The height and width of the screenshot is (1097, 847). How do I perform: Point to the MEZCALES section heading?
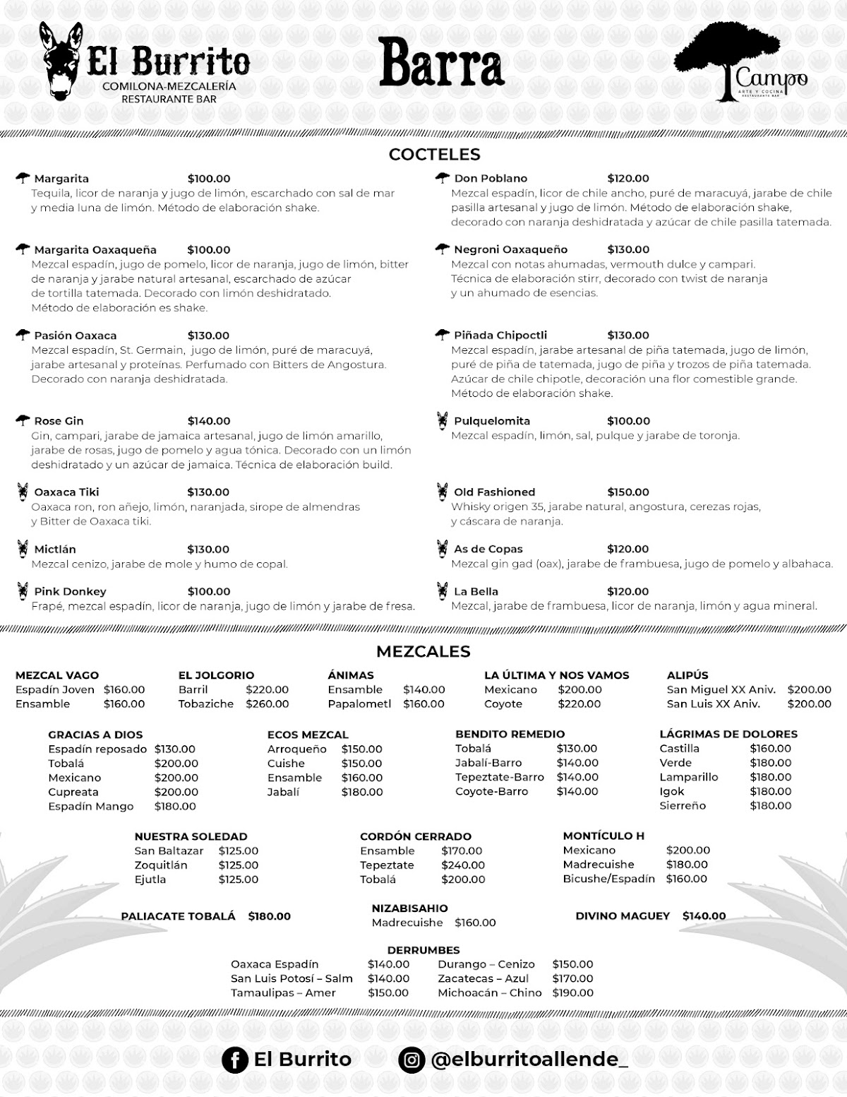423,651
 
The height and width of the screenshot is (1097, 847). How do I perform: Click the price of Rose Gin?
209,421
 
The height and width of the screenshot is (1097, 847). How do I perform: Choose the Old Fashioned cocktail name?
494,492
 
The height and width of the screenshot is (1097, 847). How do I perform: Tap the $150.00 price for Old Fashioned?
628,492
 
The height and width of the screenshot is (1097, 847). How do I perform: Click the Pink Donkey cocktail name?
70,592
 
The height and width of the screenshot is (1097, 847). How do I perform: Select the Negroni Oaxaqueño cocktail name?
510,249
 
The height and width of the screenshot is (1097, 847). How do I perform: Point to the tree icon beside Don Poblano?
443,178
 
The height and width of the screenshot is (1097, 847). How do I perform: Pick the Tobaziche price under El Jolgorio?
267,704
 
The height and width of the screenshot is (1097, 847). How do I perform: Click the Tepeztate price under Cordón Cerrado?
463,865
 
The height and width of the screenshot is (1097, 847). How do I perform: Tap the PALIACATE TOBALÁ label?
178,916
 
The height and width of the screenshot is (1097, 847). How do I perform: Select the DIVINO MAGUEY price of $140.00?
704,916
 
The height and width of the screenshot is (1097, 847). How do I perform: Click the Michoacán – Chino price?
572,993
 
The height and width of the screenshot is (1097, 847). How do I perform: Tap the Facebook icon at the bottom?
234,1060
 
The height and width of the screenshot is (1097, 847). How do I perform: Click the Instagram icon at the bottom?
412,1060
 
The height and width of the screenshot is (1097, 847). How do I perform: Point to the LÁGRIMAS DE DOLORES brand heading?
728,735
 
